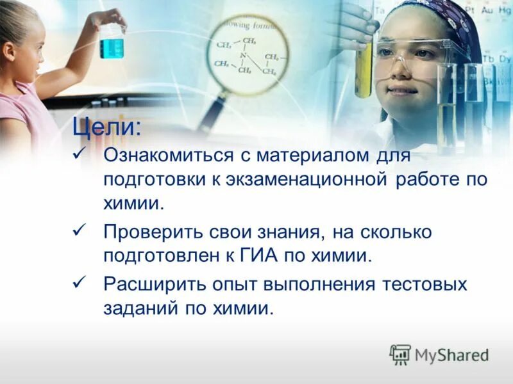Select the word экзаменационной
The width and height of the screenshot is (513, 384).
307,180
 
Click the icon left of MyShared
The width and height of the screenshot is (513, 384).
400,353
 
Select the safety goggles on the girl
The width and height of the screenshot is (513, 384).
414,56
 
